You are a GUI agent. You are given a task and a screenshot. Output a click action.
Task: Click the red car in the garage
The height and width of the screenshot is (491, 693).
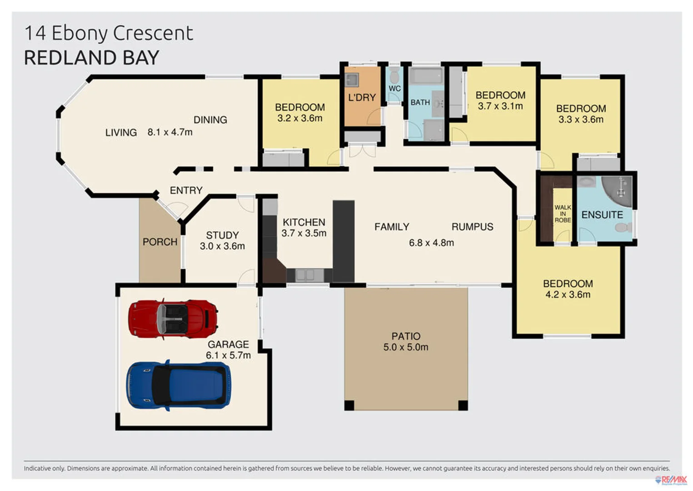pyautogui.click(x=173, y=319)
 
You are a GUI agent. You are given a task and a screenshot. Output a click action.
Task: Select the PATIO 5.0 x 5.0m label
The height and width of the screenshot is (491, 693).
pyautogui.click(x=405, y=341)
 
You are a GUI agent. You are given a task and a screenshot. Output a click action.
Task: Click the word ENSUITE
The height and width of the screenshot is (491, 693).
pyautogui.click(x=602, y=215)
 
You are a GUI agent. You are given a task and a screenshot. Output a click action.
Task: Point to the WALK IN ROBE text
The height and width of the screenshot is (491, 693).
pyautogui.click(x=562, y=214)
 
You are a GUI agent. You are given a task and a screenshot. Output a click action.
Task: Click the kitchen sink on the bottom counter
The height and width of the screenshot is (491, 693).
pyautogui.click(x=305, y=275)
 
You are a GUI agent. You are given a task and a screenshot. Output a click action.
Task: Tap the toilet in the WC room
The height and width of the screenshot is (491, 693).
pyautogui.click(x=394, y=76)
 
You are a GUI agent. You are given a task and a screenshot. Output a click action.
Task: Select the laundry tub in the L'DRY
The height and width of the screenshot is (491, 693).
pyautogui.click(x=352, y=80)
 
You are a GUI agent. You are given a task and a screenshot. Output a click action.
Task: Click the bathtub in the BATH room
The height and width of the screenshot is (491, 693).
pyautogui.click(x=425, y=76)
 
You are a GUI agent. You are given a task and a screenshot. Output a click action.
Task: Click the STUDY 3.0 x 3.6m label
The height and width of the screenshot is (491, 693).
pyautogui.click(x=222, y=240)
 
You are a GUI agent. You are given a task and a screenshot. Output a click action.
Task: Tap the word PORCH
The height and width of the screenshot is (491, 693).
pyautogui.click(x=160, y=242)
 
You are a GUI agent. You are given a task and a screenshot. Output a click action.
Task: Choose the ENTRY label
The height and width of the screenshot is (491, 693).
pyautogui.click(x=186, y=190)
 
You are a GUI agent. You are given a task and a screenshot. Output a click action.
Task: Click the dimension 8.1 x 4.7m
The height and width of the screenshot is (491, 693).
pyautogui.click(x=170, y=132)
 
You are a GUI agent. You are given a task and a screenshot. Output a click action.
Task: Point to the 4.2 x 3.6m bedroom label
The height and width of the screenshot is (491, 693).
pyautogui.click(x=568, y=289)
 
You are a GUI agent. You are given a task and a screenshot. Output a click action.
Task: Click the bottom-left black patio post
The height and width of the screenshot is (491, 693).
pyautogui.click(x=349, y=405)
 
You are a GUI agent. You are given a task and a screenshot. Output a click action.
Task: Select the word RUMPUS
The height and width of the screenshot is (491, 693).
pyautogui.click(x=472, y=227)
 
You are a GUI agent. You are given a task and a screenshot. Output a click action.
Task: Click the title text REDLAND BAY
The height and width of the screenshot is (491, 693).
pyautogui.click(x=91, y=58)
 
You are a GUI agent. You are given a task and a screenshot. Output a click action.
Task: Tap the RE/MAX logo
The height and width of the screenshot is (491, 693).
pyautogui.click(x=671, y=480)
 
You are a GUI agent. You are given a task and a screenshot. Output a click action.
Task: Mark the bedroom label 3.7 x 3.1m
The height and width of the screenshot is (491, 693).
pyautogui.click(x=500, y=100)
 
